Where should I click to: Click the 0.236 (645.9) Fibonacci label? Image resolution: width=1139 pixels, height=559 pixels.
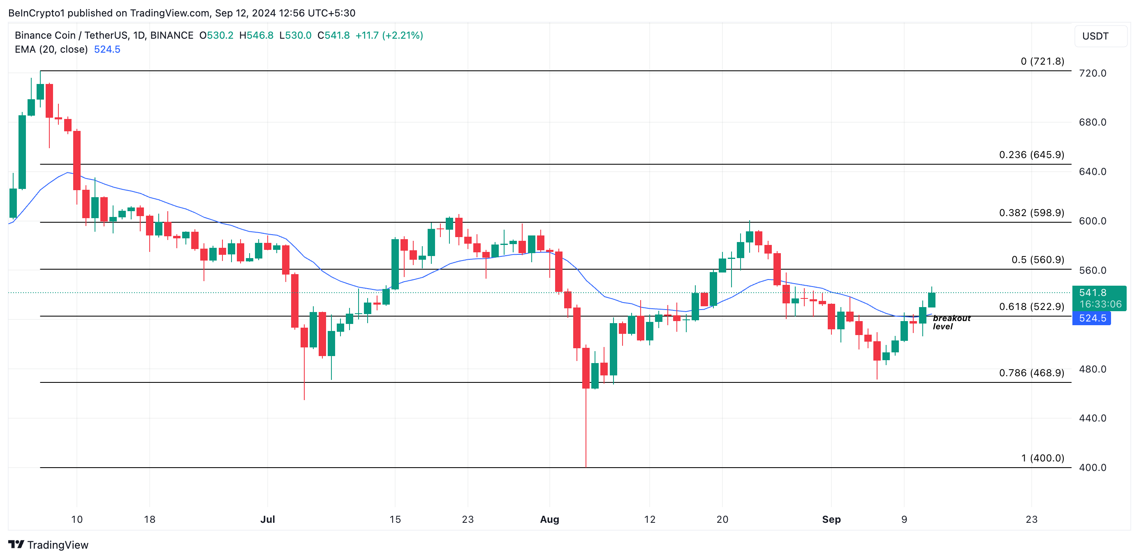click(x=1031, y=155)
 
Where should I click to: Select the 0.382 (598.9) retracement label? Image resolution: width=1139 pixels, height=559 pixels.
click(x=1031, y=213)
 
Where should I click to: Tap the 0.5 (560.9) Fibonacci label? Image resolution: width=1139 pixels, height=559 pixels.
click(x=1037, y=260)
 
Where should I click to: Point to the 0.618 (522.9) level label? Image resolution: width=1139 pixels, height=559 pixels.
click(x=1031, y=307)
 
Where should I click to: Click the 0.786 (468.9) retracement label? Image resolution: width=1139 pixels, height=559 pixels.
click(x=1031, y=373)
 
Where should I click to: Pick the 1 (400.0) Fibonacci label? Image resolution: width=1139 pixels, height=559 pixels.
click(x=1042, y=458)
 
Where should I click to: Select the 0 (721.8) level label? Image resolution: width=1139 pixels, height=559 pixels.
click(x=1042, y=61)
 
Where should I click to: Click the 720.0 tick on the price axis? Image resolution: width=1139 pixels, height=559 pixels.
click(x=1092, y=73)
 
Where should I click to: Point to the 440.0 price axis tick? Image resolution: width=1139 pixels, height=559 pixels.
click(x=1092, y=418)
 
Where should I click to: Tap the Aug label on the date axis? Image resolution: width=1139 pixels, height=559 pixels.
click(x=549, y=519)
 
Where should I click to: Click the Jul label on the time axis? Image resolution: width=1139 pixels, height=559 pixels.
click(x=268, y=519)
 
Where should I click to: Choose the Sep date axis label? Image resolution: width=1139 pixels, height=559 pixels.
click(x=831, y=519)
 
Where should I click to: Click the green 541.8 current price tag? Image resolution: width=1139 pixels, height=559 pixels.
click(x=1099, y=298)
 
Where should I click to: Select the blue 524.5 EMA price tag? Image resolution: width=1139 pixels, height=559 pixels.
click(x=1092, y=318)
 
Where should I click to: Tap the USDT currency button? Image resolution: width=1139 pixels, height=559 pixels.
click(x=1100, y=36)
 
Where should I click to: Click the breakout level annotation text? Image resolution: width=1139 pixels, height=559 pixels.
click(x=951, y=322)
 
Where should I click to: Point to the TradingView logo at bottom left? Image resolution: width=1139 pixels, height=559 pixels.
click(x=48, y=545)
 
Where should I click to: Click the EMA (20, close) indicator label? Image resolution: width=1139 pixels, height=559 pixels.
click(x=51, y=49)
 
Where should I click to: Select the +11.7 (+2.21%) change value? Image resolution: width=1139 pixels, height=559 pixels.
click(x=389, y=35)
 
